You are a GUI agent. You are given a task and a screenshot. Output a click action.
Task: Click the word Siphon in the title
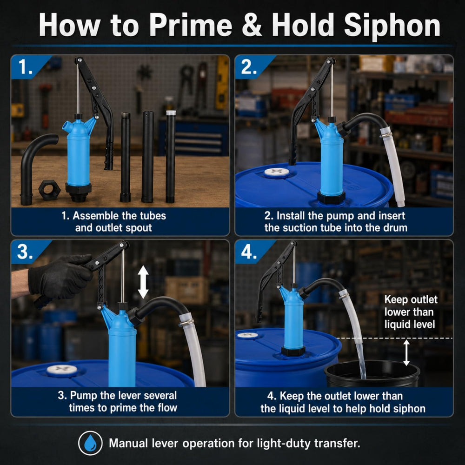(392, 26)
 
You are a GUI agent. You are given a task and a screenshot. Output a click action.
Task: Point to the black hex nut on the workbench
(49, 190)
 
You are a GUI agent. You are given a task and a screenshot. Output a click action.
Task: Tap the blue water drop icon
(91, 443)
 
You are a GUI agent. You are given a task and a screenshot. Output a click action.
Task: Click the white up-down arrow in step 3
(143, 282)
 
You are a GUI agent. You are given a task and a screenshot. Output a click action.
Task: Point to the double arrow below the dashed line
(406, 352)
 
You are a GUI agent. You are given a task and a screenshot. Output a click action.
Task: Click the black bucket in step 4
(372, 373)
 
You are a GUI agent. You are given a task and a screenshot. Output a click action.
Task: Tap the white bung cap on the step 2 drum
(276, 173)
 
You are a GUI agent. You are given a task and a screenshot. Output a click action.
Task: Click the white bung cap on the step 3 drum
(62, 370)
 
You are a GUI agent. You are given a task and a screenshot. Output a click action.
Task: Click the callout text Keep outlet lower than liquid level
(411, 312)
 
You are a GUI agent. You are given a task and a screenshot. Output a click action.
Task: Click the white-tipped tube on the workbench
(171, 157)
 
